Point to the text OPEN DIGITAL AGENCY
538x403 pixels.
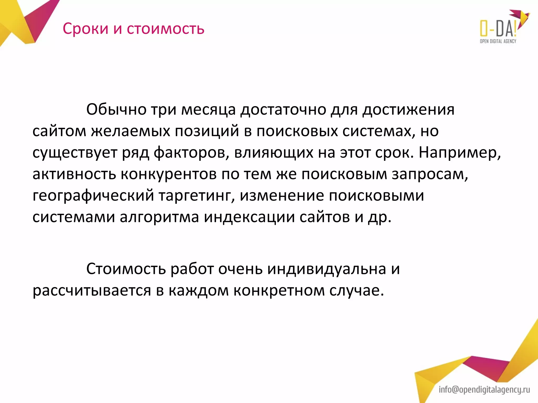(498, 41)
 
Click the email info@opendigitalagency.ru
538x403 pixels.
(484, 390)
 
